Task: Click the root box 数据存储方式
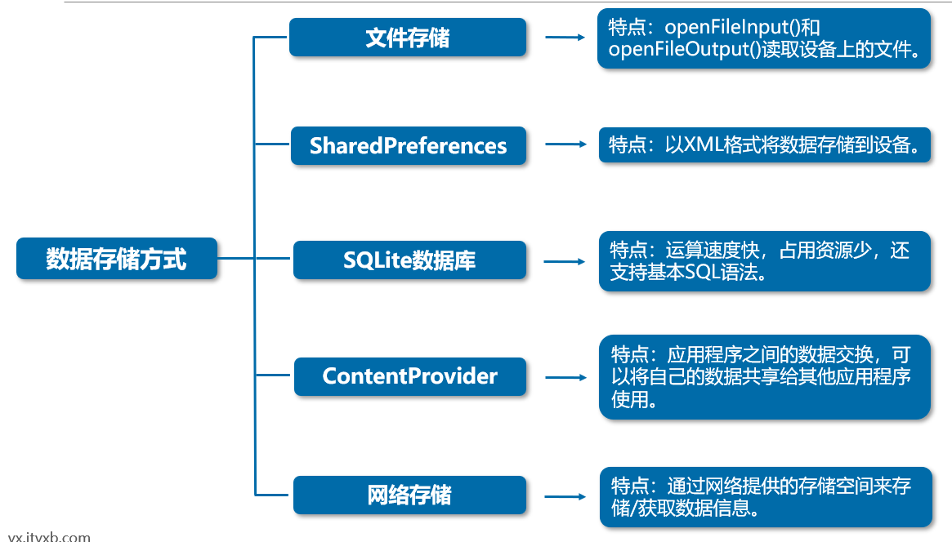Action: pyautogui.click(x=117, y=259)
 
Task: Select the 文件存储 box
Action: pyautogui.click(x=408, y=38)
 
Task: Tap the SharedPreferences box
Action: pyautogui.click(x=408, y=146)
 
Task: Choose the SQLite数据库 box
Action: pyautogui.click(x=409, y=260)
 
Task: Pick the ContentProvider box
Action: pyautogui.click(x=409, y=376)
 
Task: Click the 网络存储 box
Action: pyautogui.click(x=409, y=495)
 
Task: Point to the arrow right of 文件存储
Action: pyautogui.click(x=565, y=38)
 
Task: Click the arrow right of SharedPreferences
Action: pyautogui.click(x=565, y=144)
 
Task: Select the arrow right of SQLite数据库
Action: pyautogui.click(x=565, y=262)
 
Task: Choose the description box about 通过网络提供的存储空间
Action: pyautogui.click(x=765, y=497)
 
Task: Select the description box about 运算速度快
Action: pyautogui.click(x=764, y=261)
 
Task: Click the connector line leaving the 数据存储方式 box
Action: pyautogui.click(x=236, y=259)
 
